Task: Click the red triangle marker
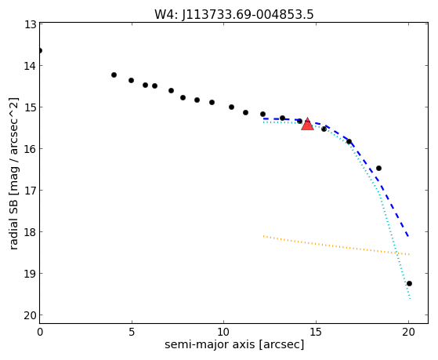307,124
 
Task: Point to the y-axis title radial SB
14,225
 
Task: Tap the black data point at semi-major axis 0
40,51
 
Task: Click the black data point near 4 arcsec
114,75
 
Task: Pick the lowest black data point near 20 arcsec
409,284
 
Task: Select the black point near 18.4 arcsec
378,168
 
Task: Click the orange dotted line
336,245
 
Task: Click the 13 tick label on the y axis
30,24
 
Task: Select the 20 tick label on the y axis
30,315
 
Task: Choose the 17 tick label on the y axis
30,191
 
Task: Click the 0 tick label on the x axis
40,332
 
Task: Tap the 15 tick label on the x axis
316,332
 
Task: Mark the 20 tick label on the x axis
408,332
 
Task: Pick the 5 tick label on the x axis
132,332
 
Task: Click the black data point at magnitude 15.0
231,107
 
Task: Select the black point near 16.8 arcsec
349,141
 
